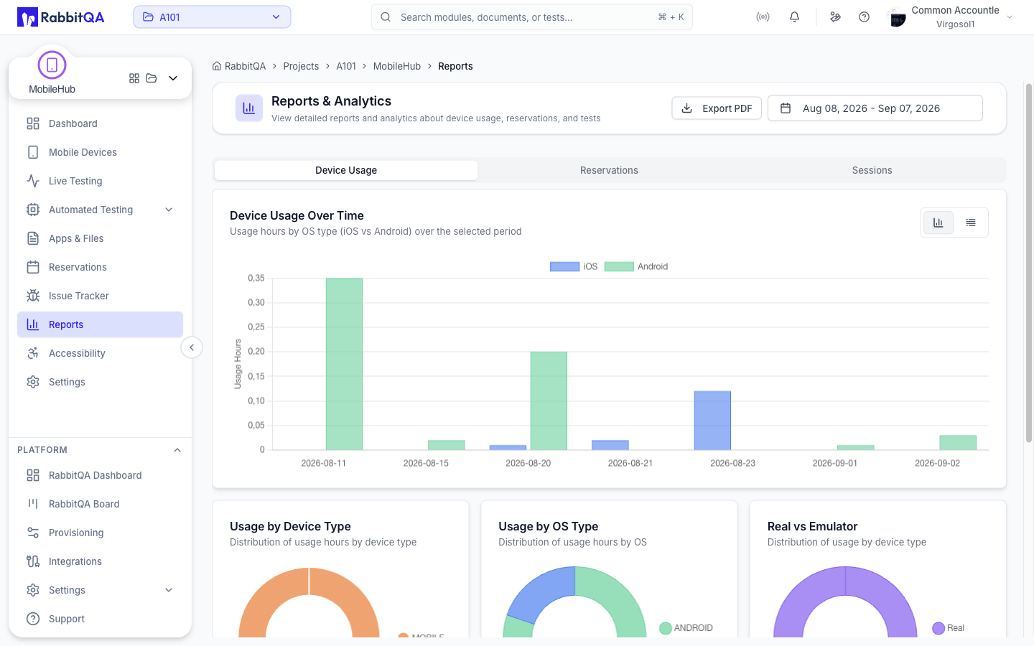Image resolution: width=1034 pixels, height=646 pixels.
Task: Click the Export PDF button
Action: tap(717, 108)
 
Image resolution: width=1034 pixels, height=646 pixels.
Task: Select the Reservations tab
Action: tap(609, 170)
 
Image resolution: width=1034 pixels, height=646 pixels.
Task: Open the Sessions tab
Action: tap(872, 170)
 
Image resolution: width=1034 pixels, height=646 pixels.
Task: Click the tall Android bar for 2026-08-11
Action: tap(344, 364)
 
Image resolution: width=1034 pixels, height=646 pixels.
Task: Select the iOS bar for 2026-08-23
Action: tap(712, 421)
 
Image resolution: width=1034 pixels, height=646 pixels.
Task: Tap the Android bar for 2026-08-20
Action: tap(549, 401)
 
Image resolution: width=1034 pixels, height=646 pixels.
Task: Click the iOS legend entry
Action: tap(574, 266)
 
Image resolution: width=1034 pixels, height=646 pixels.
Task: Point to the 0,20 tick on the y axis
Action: tap(256, 351)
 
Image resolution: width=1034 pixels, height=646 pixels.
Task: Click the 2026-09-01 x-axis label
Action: tap(834, 463)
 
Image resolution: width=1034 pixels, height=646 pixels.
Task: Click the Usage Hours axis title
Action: tap(238, 364)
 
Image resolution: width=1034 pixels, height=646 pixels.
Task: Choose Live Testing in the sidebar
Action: tap(75, 181)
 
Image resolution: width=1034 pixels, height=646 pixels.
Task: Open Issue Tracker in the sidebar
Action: tap(78, 296)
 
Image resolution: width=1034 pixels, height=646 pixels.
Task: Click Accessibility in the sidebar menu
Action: tap(77, 353)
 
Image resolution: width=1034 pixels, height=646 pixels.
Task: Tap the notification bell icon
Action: tap(794, 17)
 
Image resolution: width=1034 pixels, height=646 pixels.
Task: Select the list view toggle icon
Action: tap(971, 223)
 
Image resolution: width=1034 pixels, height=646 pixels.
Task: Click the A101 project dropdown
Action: tap(212, 17)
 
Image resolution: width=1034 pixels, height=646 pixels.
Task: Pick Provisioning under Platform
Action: tap(75, 533)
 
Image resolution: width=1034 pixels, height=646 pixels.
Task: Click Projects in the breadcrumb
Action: tap(301, 66)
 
